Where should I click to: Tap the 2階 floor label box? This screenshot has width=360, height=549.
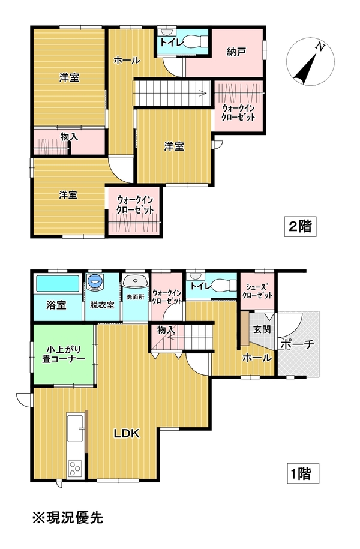(x=300, y=227)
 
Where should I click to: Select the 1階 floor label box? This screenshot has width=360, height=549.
(x=303, y=473)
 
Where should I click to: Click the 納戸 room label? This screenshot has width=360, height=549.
(x=236, y=53)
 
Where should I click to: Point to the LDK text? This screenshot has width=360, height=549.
(x=127, y=433)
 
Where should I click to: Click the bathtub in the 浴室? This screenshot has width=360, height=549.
(x=58, y=284)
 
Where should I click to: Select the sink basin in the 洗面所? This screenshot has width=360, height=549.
(x=135, y=281)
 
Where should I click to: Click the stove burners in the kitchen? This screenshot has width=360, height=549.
(x=75, y=469)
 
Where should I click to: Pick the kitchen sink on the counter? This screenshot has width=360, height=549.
(x=75, y=428)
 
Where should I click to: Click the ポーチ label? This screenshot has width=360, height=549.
(x=298, y=344)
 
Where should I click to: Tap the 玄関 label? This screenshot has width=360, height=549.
(x=262, y=329)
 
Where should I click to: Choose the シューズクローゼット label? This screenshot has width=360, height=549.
(x=257, y=290)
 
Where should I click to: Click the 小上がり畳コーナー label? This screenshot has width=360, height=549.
(x=64, y=354)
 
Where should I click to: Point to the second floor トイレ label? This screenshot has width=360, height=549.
(x=172, y=43)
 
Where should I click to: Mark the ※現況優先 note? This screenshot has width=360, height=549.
(x=68, y=517)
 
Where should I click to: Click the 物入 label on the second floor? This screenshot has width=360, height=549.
(x=70, y=137)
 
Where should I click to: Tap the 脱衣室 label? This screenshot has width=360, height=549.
(x=102, y=305)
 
